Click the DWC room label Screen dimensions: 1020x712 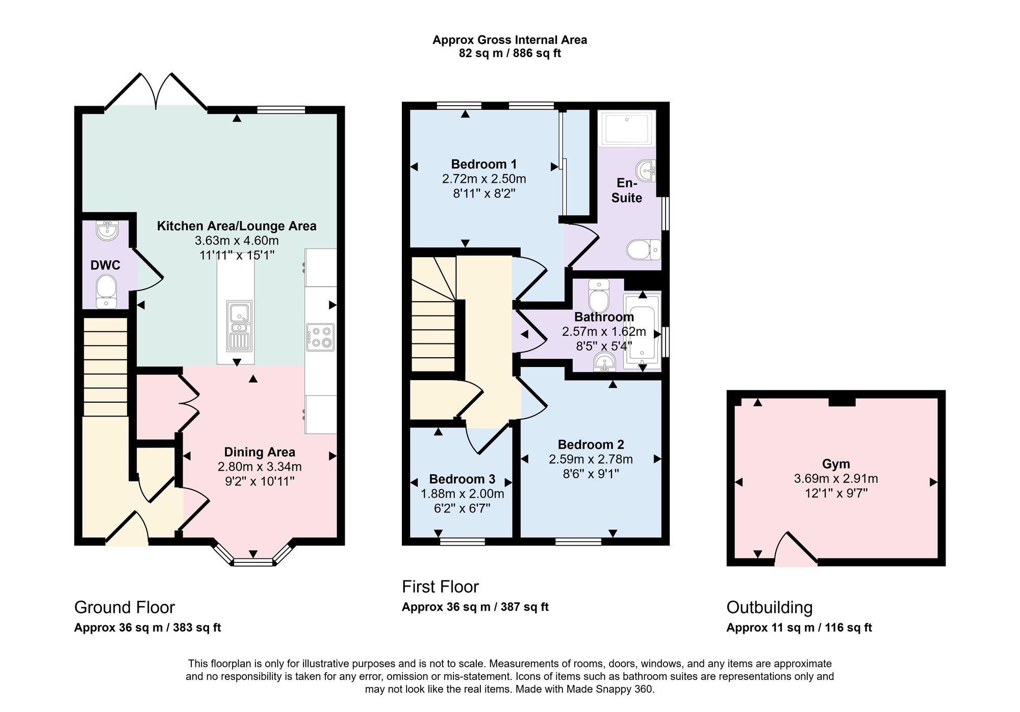click(x=105, y=265)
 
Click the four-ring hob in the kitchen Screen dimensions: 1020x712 click(x=320, y=337)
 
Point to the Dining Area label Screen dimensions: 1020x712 click(x=260, y=452)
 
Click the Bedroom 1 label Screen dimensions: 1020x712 click(x=484, y=164)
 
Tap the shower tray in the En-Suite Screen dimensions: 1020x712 click(x=626, y=128)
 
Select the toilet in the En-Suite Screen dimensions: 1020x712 click(x=644, y=250)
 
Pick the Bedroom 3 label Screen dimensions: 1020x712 click(x=462, y=479)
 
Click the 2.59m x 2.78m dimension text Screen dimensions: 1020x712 click(x=591, y=459)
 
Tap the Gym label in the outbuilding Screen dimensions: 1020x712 click(x=836, y=464)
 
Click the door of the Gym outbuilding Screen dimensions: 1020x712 click(x=796, y=549)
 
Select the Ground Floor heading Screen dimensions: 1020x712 click(x=124, y=607)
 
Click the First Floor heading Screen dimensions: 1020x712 click(x=440, y=587)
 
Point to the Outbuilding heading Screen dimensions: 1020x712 click(x=770, y=607)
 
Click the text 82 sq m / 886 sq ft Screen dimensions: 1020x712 click(x=510, y=54)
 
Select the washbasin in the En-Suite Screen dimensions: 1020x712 click(x=646, y=170)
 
